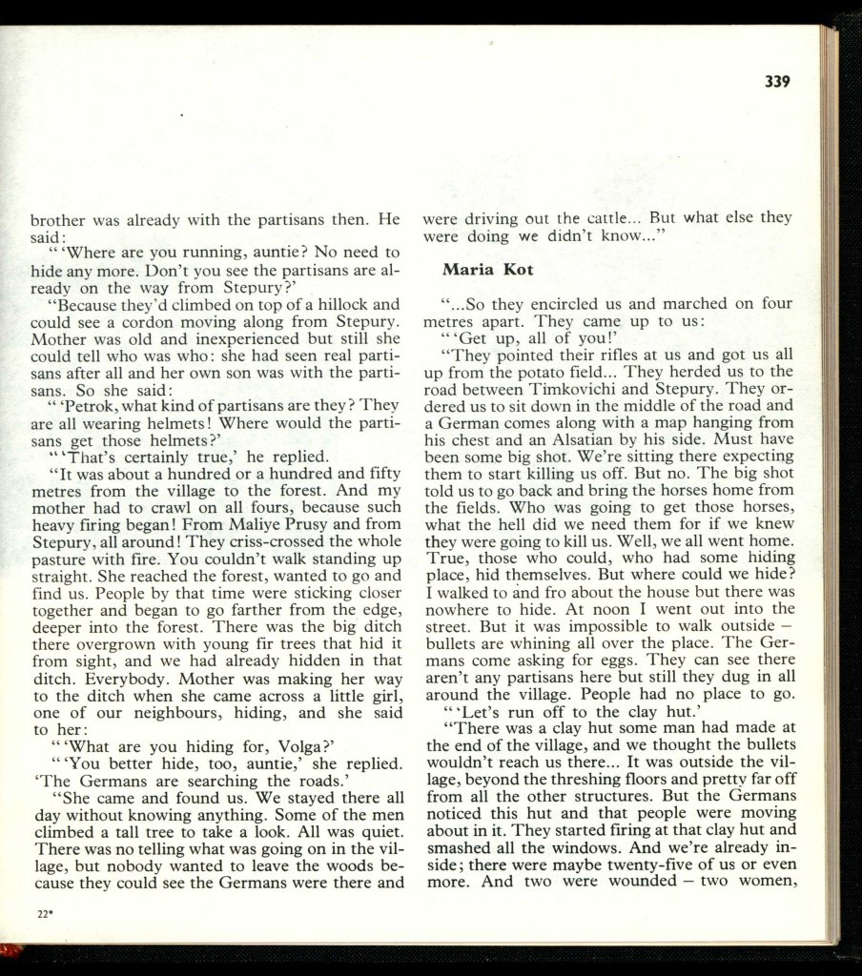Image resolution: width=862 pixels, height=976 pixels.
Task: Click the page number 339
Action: click(x=778, y=82)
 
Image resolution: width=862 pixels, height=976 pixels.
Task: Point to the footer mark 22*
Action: click(x=44, y=914)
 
